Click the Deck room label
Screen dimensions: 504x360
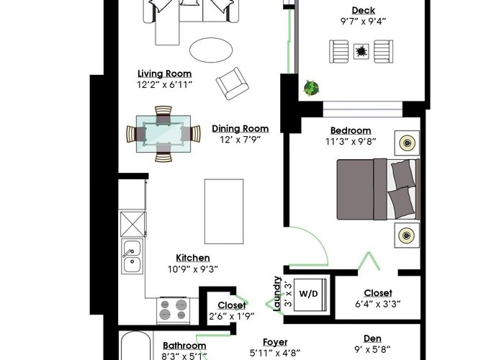tap(363, 11)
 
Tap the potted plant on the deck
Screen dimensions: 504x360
tap(311, 87)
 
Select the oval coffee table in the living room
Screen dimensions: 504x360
tap(211, 50)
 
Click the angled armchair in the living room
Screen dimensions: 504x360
tap(233, 84)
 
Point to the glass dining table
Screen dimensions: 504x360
tap(163, 134)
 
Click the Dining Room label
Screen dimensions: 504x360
tap(240, 129)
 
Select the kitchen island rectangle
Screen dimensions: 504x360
tap(224, 212)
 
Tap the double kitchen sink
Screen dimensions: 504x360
tap(132, 256)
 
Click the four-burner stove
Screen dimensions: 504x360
tap(174, 310)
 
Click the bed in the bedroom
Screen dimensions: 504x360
tap(378, 189)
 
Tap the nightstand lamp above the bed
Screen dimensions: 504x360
tap(407, 143)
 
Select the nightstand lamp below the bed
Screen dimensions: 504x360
tap(407, 235)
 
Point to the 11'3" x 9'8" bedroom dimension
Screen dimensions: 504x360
tap(351, 142)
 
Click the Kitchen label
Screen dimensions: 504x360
tap(193, 258)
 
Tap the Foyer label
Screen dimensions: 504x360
tap(275, 342)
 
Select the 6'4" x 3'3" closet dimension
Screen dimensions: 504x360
tap(378, 304)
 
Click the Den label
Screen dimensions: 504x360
tap(372, 339)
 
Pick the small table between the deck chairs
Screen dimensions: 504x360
tap(361, 51)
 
